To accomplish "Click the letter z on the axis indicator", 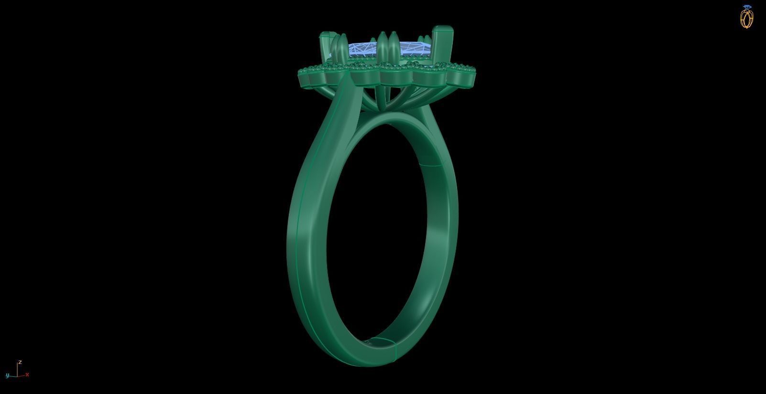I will [x=20, y=362].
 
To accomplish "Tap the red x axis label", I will [x=27, y=374].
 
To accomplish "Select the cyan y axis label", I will [x=7, y=375].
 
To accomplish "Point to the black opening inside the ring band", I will [x=378, y=229].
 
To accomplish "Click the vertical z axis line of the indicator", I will [x=18, y=369].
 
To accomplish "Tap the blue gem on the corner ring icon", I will [x=747, y=7].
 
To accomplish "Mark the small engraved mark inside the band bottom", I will [x=368, y=341].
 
